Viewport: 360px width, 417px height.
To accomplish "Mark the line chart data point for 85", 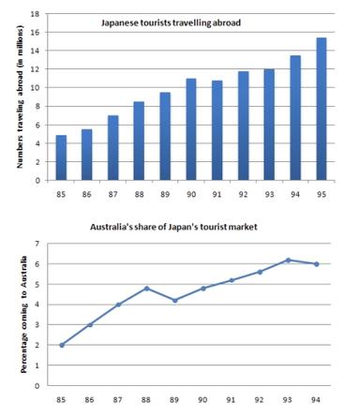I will pyautogui.click(x=61, y=345).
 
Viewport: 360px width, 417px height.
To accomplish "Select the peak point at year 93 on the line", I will pyautogui.click(x=289, y=261).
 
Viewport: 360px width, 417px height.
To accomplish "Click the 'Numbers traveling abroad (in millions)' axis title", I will pyautogui.click(x=19, y=99).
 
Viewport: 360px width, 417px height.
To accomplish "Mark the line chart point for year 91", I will pyautogui.click(x=232, y=280).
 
